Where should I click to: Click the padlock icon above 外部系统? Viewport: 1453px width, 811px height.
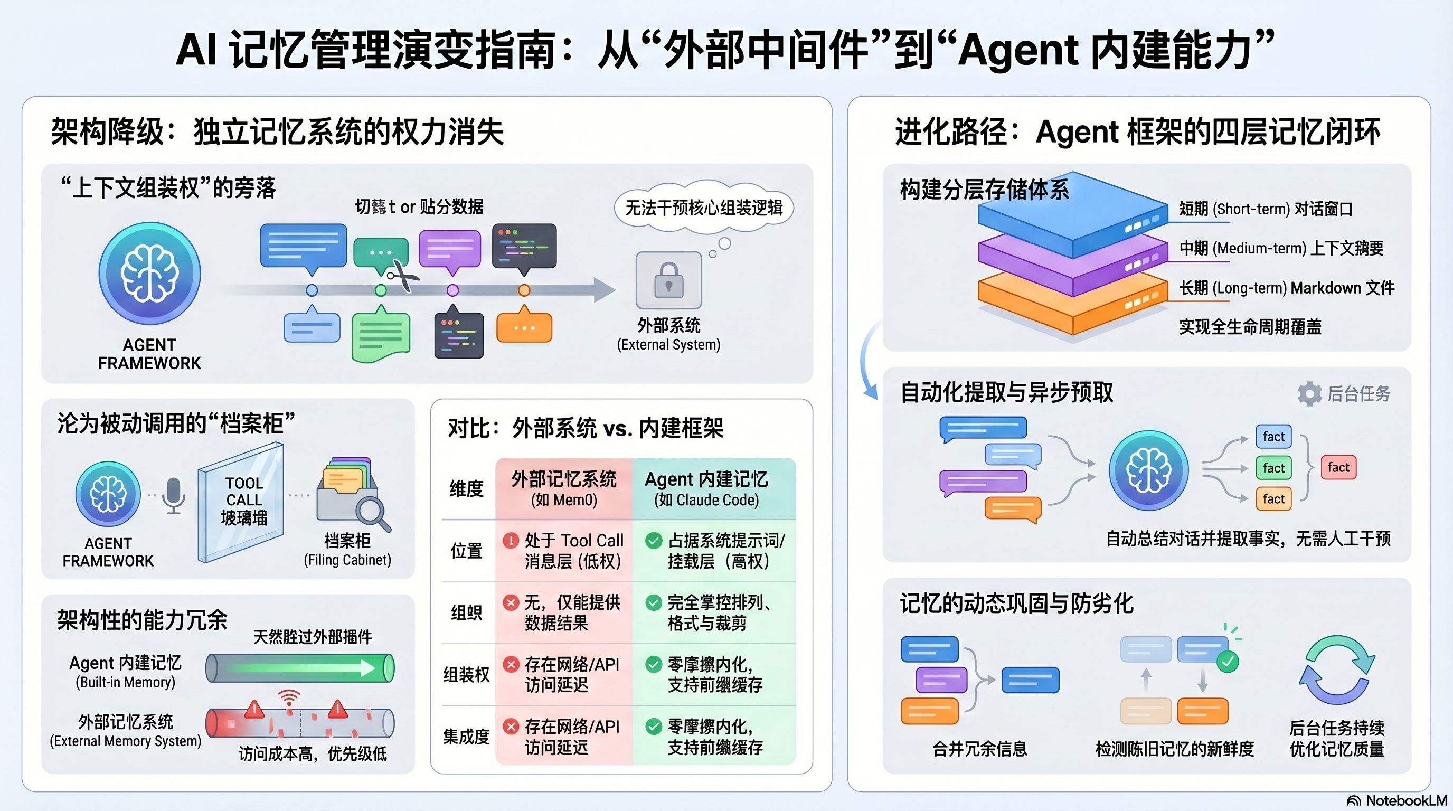coord(668,280)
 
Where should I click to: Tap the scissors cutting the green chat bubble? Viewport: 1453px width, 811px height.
coord(403,276)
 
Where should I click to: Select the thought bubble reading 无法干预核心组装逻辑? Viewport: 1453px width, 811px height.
coord(703,208)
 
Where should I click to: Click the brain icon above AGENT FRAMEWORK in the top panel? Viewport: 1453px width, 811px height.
coord(149,274)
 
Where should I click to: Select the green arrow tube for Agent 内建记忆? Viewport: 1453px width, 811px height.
coord(299,668)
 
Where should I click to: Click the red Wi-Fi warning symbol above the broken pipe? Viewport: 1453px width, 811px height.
coord(289,698)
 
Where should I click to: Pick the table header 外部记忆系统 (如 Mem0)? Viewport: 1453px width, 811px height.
coord(563,488)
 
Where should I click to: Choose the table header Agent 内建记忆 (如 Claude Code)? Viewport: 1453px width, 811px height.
coord(706,488)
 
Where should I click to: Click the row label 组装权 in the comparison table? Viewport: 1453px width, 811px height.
coord(466,675)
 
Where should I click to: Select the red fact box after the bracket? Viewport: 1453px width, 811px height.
coord(1338,467)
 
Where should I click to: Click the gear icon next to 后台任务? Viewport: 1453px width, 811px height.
coord(1309,394)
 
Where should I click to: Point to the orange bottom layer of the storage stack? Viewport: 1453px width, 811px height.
coord(1072,307)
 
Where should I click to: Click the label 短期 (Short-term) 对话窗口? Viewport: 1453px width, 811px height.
coord(1266,209)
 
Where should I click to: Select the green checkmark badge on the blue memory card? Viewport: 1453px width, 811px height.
coord(1228,661)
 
